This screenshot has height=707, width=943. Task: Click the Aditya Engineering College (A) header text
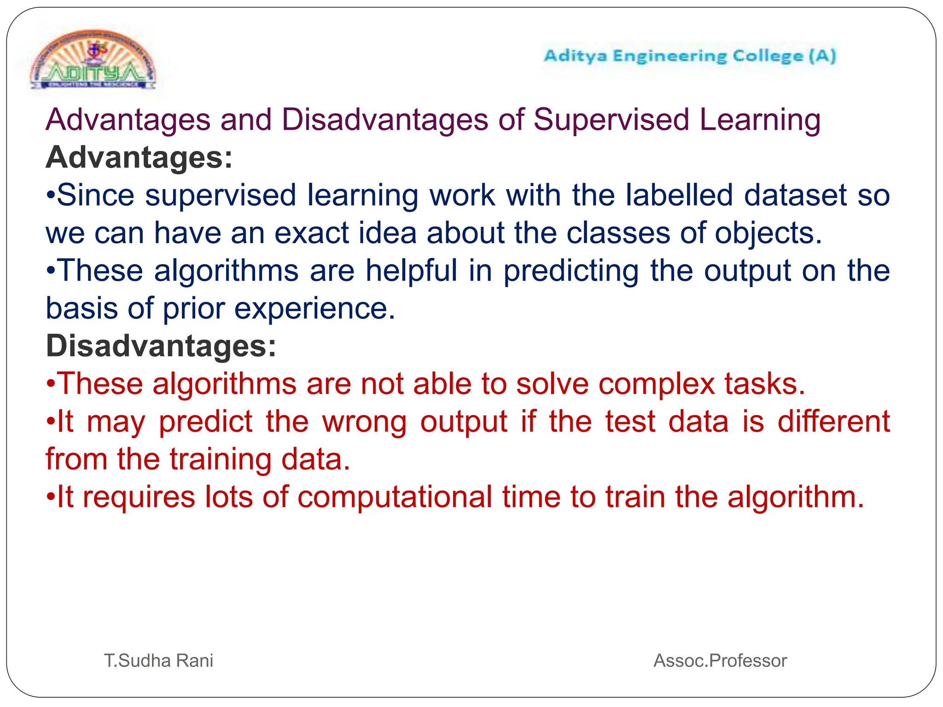689,56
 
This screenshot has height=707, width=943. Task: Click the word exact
311,233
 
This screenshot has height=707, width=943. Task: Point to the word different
833,421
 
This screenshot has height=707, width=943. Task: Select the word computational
395,498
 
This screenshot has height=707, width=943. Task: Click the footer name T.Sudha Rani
158,661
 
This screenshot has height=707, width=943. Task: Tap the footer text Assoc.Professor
720,661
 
